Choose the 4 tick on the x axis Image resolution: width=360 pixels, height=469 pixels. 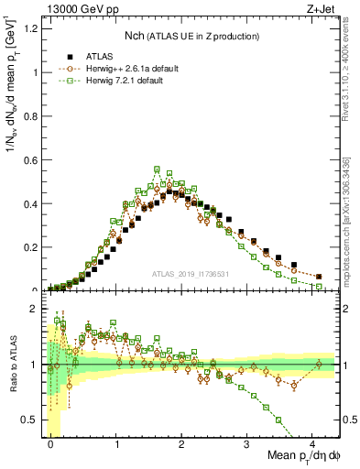pos(313,444)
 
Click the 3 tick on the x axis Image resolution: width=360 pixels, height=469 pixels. pos(247,444)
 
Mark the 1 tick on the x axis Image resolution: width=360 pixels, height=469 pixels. pos(116,444)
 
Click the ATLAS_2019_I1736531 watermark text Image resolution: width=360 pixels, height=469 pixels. pos(191,274)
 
